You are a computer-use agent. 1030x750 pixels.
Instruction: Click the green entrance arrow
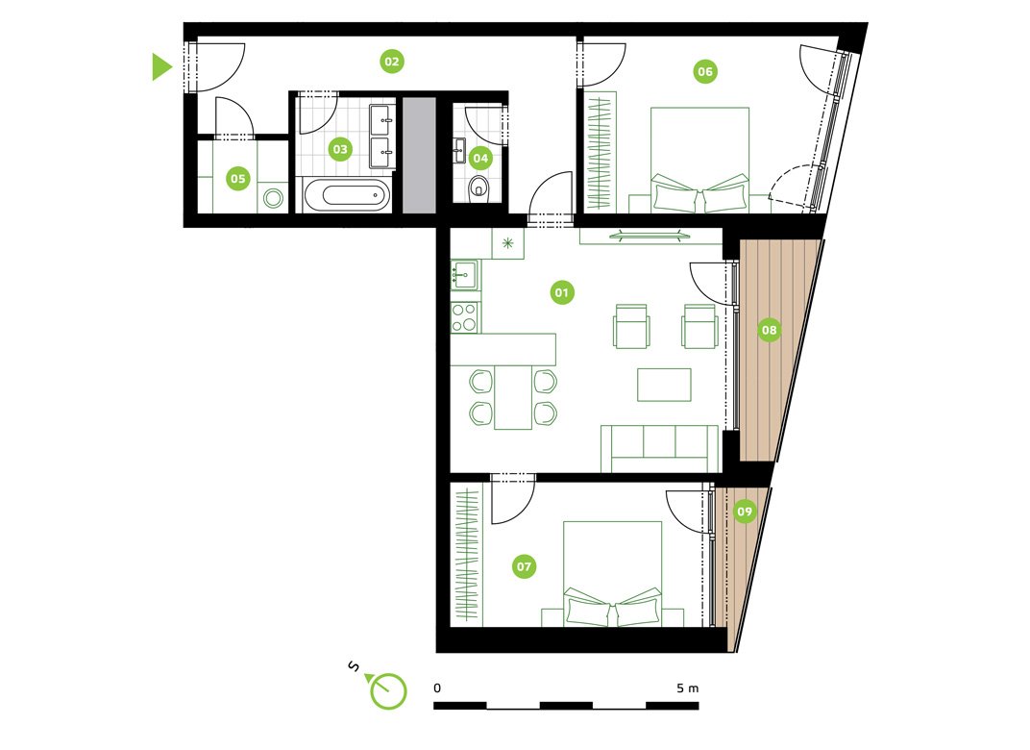pos(161,66)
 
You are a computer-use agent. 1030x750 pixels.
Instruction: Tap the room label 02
pos(391,62)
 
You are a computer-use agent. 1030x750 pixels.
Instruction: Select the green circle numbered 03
pos(339,149)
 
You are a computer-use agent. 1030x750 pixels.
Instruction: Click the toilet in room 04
pos(479,188)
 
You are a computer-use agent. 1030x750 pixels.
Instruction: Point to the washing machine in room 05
pos(273,198)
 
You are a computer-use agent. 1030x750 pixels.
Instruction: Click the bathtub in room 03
pos(347,195)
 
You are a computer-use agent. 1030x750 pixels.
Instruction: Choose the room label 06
pos(705,72)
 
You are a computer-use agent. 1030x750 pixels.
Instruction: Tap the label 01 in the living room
pos(562,292)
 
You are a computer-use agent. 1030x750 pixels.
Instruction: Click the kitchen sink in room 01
pos(465,274)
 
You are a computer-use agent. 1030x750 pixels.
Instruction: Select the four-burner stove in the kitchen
pos(465,317)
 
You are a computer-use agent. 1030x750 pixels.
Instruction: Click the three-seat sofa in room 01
pos(660,448)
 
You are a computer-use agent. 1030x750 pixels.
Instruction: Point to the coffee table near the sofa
pos(664,385)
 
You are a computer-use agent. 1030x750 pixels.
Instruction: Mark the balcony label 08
pos(769,329)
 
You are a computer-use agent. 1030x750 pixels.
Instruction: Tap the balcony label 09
pos(745,512)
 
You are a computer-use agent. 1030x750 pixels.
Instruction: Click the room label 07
pos(524,566)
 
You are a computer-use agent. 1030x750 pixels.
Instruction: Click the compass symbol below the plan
pos(387,690)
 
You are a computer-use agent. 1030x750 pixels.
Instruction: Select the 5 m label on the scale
pos(688,688)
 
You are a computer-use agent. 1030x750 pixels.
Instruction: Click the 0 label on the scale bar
pos(437,688)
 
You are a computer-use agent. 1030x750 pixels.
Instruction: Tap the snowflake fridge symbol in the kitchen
pos(507,243)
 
